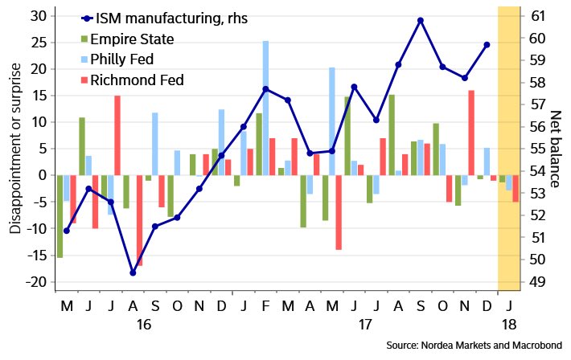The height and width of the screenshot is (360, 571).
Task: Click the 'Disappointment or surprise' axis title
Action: [15, 149]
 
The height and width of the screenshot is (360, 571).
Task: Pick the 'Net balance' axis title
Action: [554, 149]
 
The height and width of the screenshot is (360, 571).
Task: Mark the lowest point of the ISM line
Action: [133, 272]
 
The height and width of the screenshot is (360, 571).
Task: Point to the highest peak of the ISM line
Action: [421, 20]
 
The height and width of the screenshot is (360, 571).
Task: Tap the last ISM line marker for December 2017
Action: [487, 45]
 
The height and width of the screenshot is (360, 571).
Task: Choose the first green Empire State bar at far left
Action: [60, 216]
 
